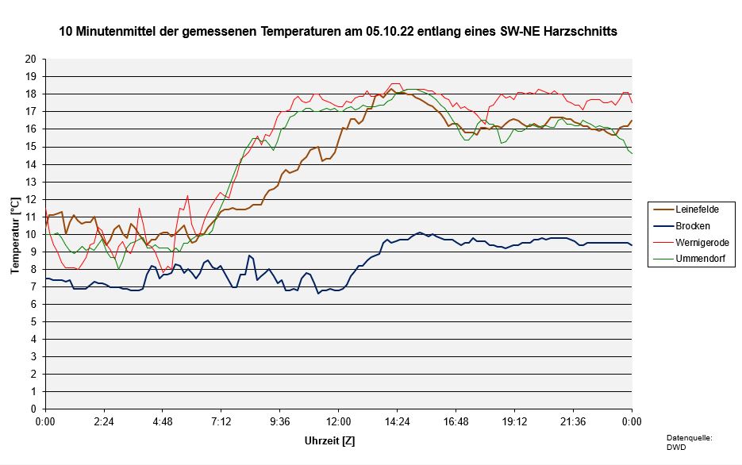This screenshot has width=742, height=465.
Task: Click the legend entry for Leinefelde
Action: click(697, 209)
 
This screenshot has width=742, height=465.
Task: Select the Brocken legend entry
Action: click(692, 225)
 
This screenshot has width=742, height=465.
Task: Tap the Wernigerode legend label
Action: click(702, 242)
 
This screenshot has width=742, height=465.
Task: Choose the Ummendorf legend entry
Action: click(699, 259)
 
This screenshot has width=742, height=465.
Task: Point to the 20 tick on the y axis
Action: click(31, 59)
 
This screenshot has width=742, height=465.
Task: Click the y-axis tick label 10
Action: click(31, 234)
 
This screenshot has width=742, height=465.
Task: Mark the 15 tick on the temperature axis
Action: click(31, 147)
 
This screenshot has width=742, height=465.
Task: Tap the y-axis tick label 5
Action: click(33, 321)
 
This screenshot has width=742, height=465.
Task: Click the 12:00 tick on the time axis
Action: click(338, 421)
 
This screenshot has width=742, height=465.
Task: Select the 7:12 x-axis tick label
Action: click(221, 421)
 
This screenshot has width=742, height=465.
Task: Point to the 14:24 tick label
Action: click(397, 421)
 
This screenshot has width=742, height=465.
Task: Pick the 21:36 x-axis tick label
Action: click(573, 421)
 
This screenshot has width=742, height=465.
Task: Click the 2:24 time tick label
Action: click(104, 421)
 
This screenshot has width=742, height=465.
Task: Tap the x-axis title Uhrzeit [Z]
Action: click(330, 439)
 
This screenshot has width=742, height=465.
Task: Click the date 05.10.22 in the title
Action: click(390, 32)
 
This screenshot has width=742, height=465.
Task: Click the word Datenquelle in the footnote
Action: click(689, 437)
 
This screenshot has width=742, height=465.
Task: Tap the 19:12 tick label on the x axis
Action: click(514, 421)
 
